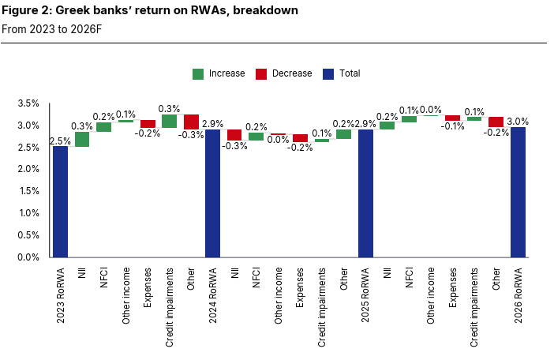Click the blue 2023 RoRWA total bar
[60, 201]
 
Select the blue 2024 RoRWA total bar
[212, 193]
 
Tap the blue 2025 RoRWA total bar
[365, 193]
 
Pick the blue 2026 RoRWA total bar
[518, 192]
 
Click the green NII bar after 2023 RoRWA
[82, 139]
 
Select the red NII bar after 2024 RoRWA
[234, 135]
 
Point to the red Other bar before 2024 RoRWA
[191, 122]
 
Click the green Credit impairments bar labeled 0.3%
[169, 121]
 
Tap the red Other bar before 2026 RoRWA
[496, 122]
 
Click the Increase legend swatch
[198, 73]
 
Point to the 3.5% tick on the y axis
[28, 103]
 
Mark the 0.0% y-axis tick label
[28, 257]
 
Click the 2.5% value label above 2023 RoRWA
[59, 141]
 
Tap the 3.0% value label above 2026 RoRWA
[518, 122]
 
